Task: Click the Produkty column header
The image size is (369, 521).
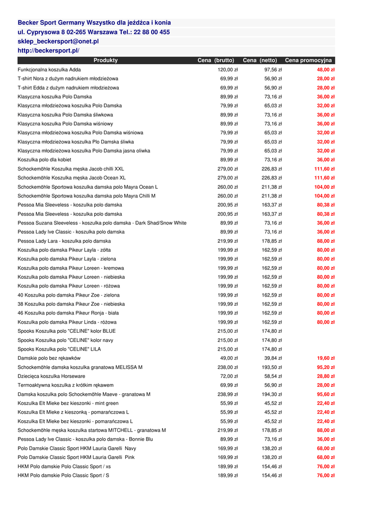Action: point(105,61)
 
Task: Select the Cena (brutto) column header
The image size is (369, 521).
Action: point(216,61)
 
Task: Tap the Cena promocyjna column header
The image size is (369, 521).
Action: point(308,61)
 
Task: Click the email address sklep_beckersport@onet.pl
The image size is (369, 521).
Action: point(58,41)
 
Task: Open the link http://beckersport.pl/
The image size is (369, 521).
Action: point(48,51)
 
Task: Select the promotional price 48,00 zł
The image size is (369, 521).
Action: point(325,70)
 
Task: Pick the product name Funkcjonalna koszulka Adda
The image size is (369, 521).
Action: point(49,70)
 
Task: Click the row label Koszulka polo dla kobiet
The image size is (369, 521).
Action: point(44,160)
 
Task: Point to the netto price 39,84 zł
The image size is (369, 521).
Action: point(273,358)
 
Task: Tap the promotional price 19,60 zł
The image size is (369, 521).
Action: point(325,358)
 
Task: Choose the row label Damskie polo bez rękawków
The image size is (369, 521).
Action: point(49,358)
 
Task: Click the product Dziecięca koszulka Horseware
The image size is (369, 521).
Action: point(52,376)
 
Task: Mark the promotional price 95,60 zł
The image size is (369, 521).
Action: point(325,394)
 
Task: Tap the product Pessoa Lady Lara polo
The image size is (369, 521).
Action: point(64,241)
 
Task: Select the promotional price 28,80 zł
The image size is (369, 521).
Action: point(325,376)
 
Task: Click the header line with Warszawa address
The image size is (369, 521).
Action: point(94,32)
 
